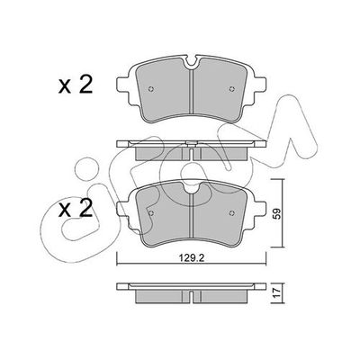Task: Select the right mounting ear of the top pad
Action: [x=256, y=86]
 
